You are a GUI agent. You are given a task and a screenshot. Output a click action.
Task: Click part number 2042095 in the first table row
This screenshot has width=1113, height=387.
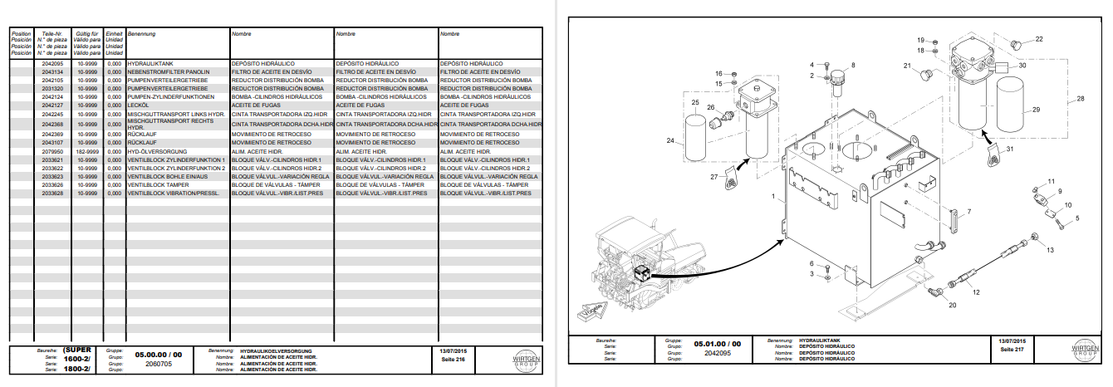[x=52, y=63]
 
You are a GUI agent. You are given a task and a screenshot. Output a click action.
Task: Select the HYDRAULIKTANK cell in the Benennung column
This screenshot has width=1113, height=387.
[x=151, y=63]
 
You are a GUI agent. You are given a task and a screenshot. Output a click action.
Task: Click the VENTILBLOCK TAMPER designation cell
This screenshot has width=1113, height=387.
[x=159, y=184]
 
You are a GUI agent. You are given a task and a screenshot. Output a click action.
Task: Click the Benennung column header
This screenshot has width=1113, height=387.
[x=142, y=34]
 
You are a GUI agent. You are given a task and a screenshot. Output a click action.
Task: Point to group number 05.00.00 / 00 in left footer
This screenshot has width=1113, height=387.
[x=158, y=355]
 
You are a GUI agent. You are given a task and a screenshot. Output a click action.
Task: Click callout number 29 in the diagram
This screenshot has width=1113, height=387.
[x=1036, y=110]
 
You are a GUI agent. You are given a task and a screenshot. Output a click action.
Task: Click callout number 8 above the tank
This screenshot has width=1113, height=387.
[x=853, y=65]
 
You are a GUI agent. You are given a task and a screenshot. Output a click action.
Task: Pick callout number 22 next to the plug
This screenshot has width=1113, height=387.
[x=1038, y=38]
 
